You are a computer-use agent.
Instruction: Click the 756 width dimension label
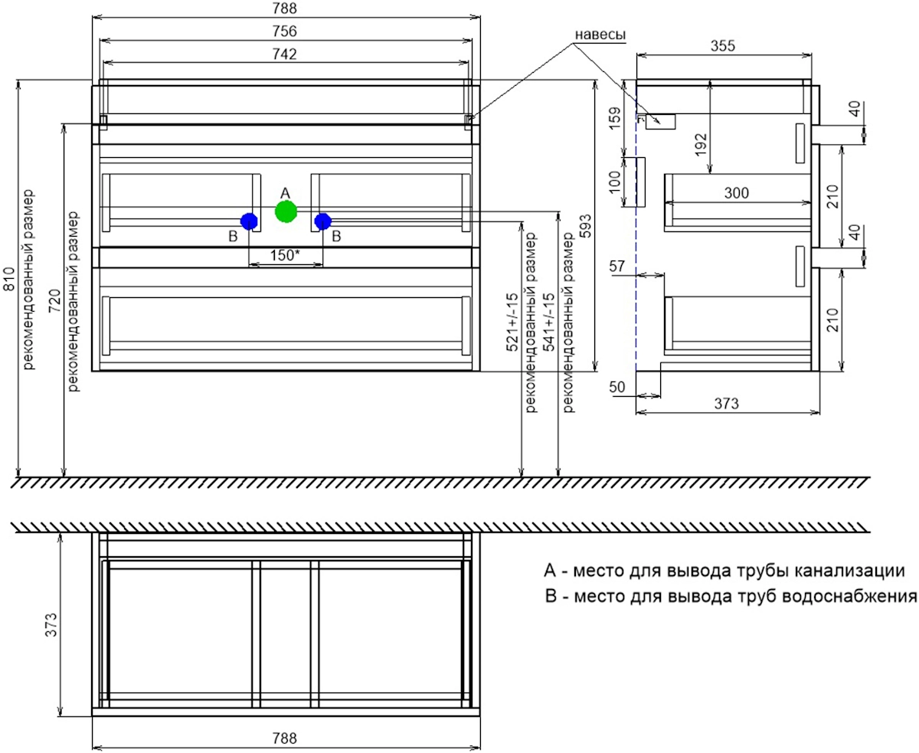285,31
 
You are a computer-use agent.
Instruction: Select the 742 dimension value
285,54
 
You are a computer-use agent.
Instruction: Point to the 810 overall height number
10,280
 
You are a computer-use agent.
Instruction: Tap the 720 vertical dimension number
55,301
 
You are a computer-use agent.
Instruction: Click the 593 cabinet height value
587,226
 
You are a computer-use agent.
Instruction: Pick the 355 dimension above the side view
723,46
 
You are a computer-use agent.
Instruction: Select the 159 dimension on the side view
614,118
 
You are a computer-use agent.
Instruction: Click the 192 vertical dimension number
701,144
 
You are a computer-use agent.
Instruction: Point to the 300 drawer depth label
737,193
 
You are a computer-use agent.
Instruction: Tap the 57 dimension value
616,267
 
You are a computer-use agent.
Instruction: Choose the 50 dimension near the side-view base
616,387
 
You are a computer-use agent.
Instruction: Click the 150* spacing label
285,255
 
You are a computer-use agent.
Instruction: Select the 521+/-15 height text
512,322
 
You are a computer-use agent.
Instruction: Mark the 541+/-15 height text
549,322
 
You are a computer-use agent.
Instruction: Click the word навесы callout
600,34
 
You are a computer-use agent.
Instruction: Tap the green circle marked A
286,211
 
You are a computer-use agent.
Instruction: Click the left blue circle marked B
249,221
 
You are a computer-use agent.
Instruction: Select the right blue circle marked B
323,221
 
